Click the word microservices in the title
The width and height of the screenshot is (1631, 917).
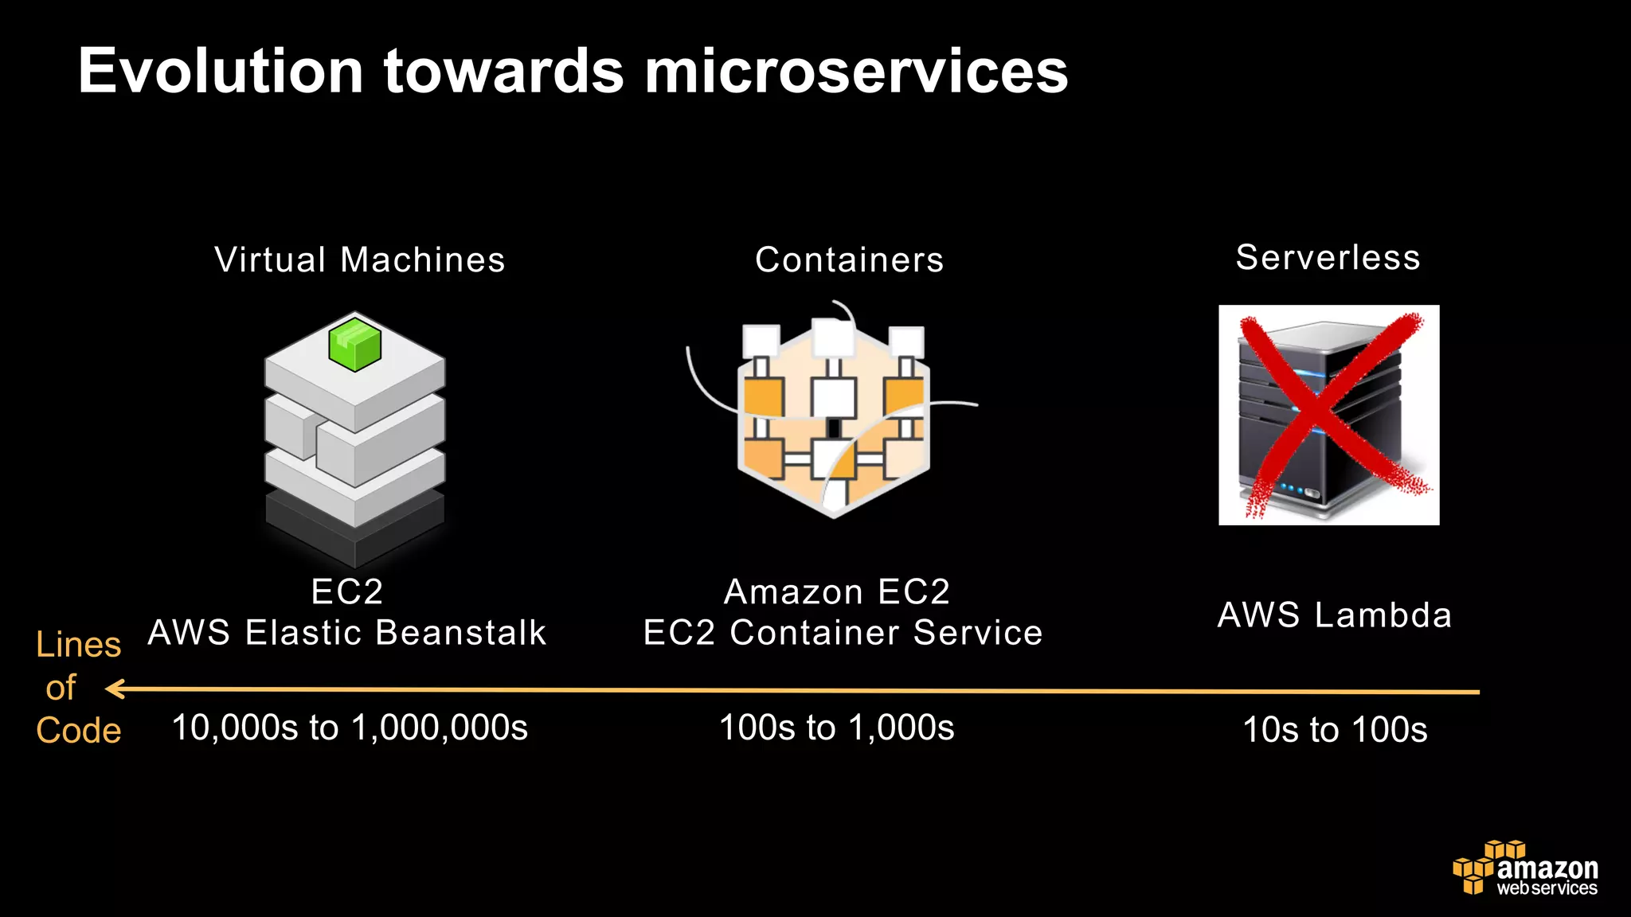(x=856, y=72)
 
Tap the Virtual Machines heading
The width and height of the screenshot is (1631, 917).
(x=360, y=260)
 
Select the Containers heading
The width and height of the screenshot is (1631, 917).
(x=849, y=260)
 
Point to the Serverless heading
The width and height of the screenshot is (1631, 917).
(x=1328, y=258)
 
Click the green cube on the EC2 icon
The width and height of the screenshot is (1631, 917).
(x=354, y=344)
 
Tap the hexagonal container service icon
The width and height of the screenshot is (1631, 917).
(x=833, y=414)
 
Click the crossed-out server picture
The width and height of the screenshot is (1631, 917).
(x=1328, y=415)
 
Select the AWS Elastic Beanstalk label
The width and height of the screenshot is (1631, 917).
(x=347, y=633)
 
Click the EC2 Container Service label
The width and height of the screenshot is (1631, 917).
(x=843, y=633)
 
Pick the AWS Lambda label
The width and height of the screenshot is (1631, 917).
(x=1335, y=615)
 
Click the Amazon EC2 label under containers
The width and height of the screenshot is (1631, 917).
(x=837, y=592)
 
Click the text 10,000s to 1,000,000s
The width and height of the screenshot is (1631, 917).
(x=350, y=728)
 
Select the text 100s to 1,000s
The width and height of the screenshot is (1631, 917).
(x=836, y=728)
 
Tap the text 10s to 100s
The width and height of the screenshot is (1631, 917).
(x=1335, y=730)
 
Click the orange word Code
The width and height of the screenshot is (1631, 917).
(x=78, y=731)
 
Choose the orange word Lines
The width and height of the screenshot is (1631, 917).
(x=78, y=645)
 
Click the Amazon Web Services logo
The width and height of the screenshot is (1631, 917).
(x=1525, y=868)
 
